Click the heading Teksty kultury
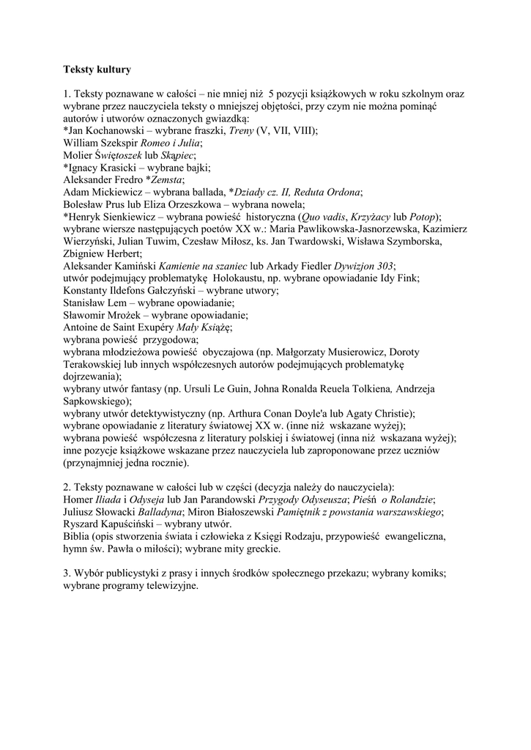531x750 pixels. coord(97,70)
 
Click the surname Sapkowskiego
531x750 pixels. coord(96,401)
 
